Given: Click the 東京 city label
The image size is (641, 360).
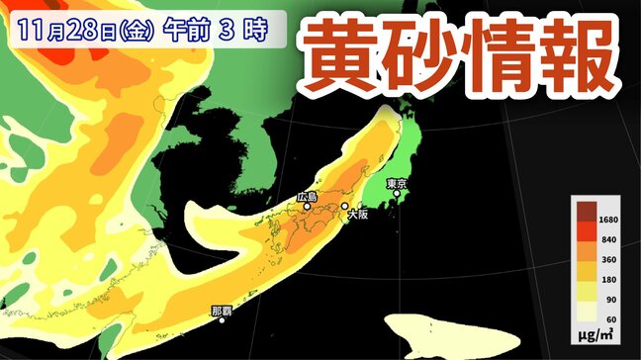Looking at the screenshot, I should pos(398,183).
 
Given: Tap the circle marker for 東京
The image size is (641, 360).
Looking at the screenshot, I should pos(397,194).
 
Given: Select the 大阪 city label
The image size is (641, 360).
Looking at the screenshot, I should pos(356,216).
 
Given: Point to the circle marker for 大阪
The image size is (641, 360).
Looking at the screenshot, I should pos(345,207).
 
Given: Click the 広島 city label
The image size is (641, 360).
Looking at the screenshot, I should pos(307,197).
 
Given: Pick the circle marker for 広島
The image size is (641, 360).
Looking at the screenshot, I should pos(308,207).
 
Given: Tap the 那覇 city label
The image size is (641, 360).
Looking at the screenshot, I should pos(223,310).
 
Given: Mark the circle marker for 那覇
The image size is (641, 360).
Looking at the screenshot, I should pos(223,320).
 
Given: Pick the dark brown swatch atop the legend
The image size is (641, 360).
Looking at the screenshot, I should pos(587,211).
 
